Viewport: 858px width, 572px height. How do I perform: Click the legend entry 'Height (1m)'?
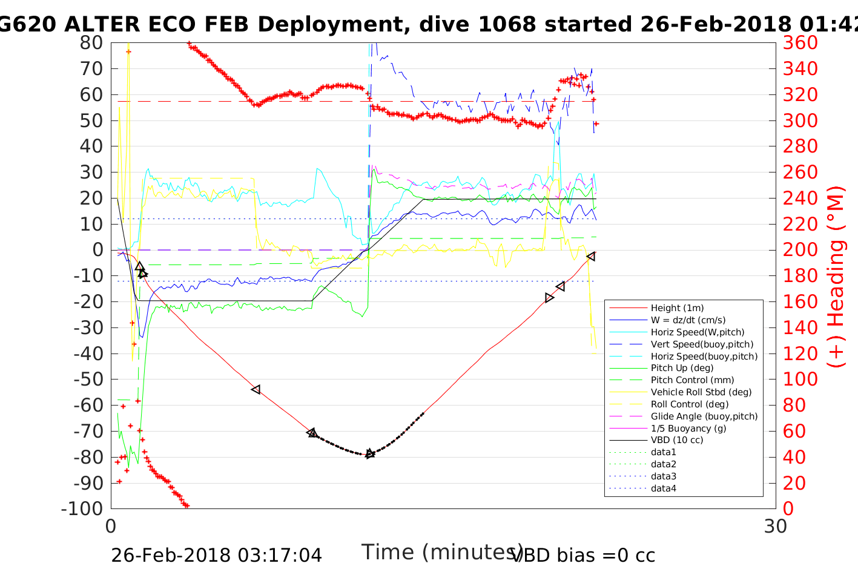tap(677, 308)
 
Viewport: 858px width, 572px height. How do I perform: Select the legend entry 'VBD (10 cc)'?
tap(677, 440)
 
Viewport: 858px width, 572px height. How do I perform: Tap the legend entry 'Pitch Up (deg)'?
tap(682, 368)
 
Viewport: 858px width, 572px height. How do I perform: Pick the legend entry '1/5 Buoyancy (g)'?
tap(688, 429)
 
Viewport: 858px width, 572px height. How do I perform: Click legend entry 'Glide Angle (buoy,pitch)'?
tap(704, 416)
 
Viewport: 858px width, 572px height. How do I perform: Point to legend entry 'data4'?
tap(663, 488)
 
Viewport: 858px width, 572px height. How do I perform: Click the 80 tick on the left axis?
tap(91, 43)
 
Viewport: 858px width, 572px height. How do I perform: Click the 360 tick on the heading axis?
tap(800, 43)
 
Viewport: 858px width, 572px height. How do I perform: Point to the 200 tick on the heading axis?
tap(800, 250)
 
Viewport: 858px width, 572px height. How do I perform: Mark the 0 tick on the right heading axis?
tap(788, 508)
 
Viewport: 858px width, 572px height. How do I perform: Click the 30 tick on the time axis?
tap(776, 526)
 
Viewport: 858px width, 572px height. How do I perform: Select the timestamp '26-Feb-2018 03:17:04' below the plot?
tap(216, 555)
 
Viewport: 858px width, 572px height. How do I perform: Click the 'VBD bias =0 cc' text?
tap(584, 555)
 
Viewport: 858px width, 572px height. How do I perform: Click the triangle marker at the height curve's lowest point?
tap(370, 453)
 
